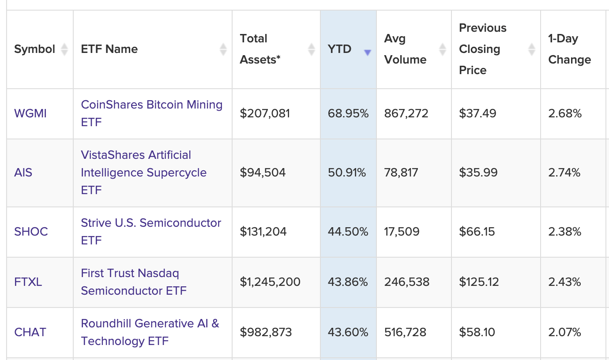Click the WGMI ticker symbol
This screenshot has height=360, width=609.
30,114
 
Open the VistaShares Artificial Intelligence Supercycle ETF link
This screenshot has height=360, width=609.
143,172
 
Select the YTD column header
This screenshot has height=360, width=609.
340,49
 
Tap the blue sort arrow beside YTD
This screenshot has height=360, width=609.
367,53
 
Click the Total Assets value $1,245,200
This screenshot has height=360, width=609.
270,282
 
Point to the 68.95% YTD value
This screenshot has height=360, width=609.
348,114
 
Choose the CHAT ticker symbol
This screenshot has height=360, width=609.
30,332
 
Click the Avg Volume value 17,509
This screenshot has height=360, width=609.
402,232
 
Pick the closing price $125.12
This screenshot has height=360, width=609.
479,282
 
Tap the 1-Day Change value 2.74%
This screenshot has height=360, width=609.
564,172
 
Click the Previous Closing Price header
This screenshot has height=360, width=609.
483,49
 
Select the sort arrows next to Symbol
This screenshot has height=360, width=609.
64,49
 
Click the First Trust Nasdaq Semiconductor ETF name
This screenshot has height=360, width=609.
133,282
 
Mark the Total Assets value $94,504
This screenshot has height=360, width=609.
263,172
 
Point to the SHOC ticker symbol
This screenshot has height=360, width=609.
31,232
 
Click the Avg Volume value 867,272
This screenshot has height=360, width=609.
406,114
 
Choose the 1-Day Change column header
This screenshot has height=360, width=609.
569,49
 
